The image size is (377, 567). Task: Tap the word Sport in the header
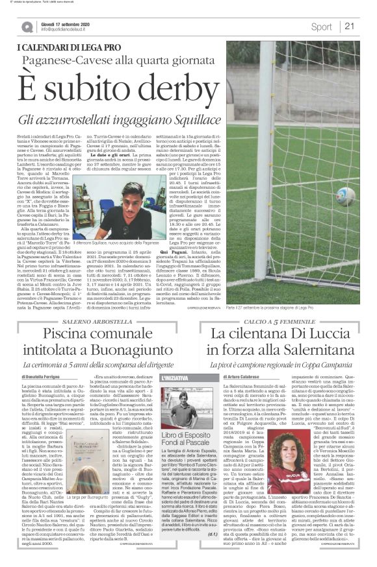[321, 27]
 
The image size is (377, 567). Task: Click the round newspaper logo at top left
[28, 27]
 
